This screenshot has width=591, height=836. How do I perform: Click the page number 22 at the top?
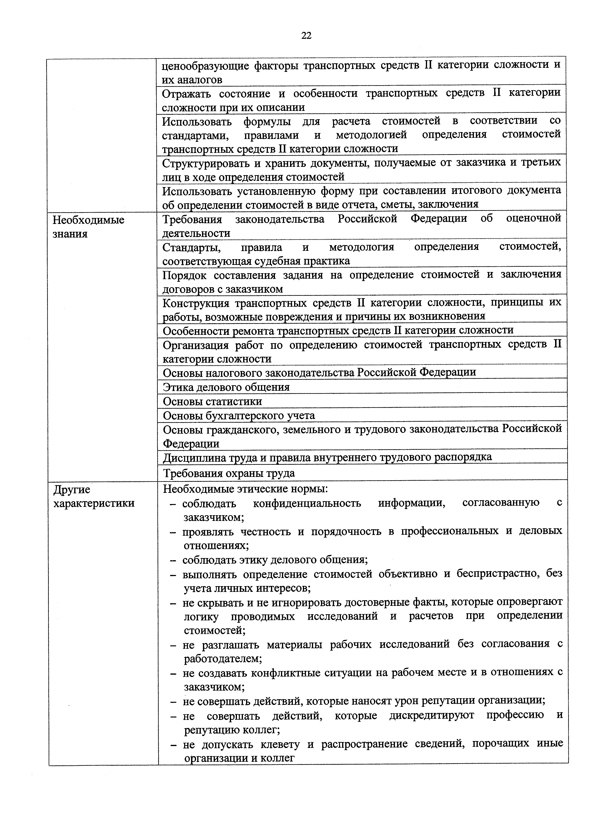click(x=306, y=35)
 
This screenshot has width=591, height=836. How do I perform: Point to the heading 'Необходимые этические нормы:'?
click(x=246, y=489)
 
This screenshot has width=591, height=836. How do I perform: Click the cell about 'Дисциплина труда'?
click(x=327, y=457)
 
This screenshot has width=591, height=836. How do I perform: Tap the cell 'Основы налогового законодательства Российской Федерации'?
click(x=319, y=372)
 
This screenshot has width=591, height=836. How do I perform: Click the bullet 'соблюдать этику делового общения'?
click(x=275, y=560)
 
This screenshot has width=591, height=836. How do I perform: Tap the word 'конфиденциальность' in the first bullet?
click(x=307, y=503)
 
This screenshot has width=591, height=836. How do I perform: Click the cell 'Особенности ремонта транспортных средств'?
click(x=338, y=330)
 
